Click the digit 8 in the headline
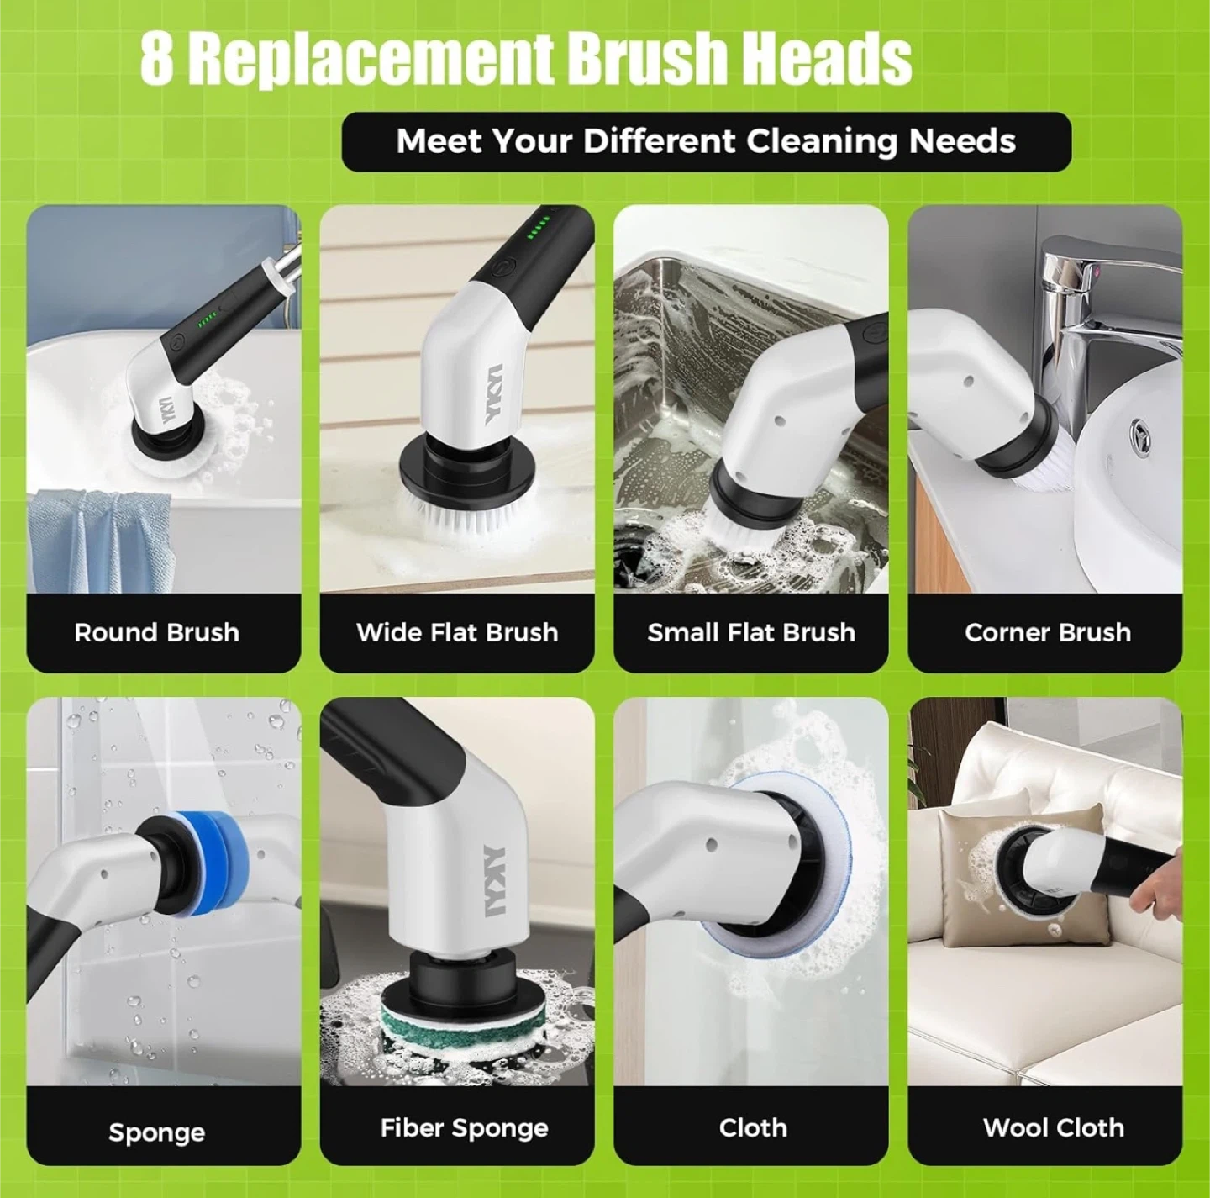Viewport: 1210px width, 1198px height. (155, 59)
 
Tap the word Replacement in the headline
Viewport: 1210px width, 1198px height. (371, 61)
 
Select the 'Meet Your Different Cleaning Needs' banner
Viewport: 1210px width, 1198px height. (706, 141)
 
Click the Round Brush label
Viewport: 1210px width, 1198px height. (157, 632)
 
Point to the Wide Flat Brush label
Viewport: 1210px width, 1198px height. (457, 632)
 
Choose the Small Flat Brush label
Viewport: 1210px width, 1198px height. (751, 632)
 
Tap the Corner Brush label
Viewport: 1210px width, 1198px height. (1047, 632)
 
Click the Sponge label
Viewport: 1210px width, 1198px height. (157, 1133)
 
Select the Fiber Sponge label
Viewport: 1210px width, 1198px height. (464, 1128)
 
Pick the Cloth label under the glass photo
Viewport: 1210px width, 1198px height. (753, 1127)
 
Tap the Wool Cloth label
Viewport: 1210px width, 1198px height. (1053, 1127)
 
